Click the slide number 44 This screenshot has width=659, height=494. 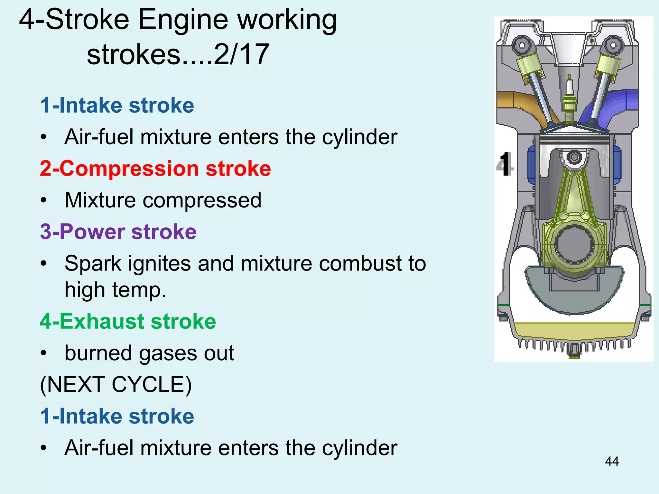click(x=611, y=461)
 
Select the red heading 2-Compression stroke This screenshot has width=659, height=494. click(x=155, y=169)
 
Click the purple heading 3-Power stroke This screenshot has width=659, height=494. click(x=118, y=232)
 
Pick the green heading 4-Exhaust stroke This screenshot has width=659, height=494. click(x=128, y=321)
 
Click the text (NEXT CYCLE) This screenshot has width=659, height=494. click(x=116, y=384)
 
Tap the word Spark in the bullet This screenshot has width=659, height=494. click(x=93, y=263)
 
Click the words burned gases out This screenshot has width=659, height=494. click(x=149, y=353)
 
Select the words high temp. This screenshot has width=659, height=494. click(x=115, y=290)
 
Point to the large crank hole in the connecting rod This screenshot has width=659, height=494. click(x=574, y=244)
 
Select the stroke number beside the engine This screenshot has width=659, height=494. click(x=505, y=164)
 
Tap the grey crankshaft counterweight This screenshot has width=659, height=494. click(x=574, y=296)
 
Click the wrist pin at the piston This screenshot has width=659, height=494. click(x=574, y=157)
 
